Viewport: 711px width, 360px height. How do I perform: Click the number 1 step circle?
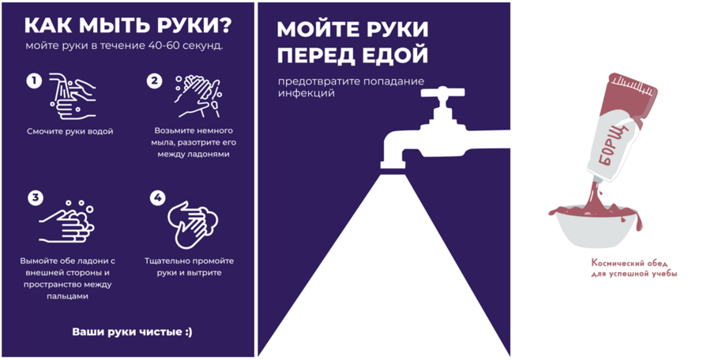point(34,81)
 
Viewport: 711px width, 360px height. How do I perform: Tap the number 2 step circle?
point(154,81)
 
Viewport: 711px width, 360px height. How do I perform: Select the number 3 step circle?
point(36,197)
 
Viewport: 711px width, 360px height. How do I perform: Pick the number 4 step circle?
point(157,197)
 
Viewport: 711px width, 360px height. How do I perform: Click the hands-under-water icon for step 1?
point(73,96)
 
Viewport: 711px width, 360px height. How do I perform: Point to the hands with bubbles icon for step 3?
point(66,222)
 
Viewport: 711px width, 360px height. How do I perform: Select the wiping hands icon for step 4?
point(193,224)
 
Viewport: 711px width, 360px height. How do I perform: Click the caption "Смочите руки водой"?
point(70,132)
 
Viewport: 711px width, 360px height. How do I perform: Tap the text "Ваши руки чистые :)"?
point(132,332)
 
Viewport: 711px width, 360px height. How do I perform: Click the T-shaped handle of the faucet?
point(442,92)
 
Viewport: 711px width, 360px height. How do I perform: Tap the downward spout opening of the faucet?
point(393,165)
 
